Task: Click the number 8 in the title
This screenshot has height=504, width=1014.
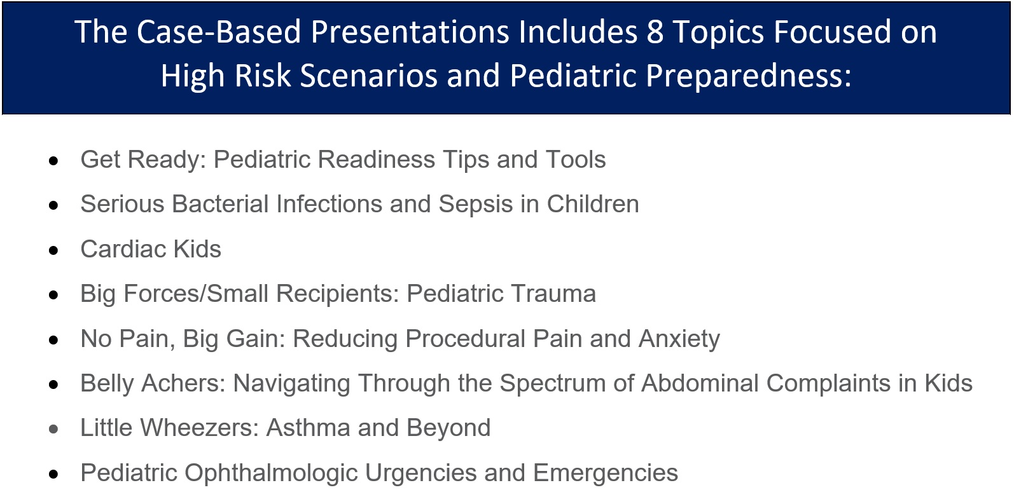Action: (x=655, y=32)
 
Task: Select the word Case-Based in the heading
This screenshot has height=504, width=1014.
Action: (x=219, y=32)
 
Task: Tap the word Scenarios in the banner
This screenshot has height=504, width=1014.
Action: (x=368, y=75)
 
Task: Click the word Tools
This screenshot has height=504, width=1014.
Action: (x=575, y=160)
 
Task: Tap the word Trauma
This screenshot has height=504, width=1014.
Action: (x=554, y=294)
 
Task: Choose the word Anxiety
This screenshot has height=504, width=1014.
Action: (x=679, y=338)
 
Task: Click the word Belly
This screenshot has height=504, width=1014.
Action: (x=107, y=383)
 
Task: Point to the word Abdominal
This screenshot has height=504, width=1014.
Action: (x=700, y=383)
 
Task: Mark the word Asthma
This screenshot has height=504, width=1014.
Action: (x=308, y=428)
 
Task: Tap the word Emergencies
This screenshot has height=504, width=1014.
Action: (x=605, y=473)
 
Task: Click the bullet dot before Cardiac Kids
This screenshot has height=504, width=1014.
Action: (x=54, y=250)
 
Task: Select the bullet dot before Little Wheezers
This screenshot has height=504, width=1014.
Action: (x=54, y=429)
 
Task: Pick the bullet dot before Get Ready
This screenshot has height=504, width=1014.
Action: (x=54, y=161)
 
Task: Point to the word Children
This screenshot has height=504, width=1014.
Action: (x=592, y=204)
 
